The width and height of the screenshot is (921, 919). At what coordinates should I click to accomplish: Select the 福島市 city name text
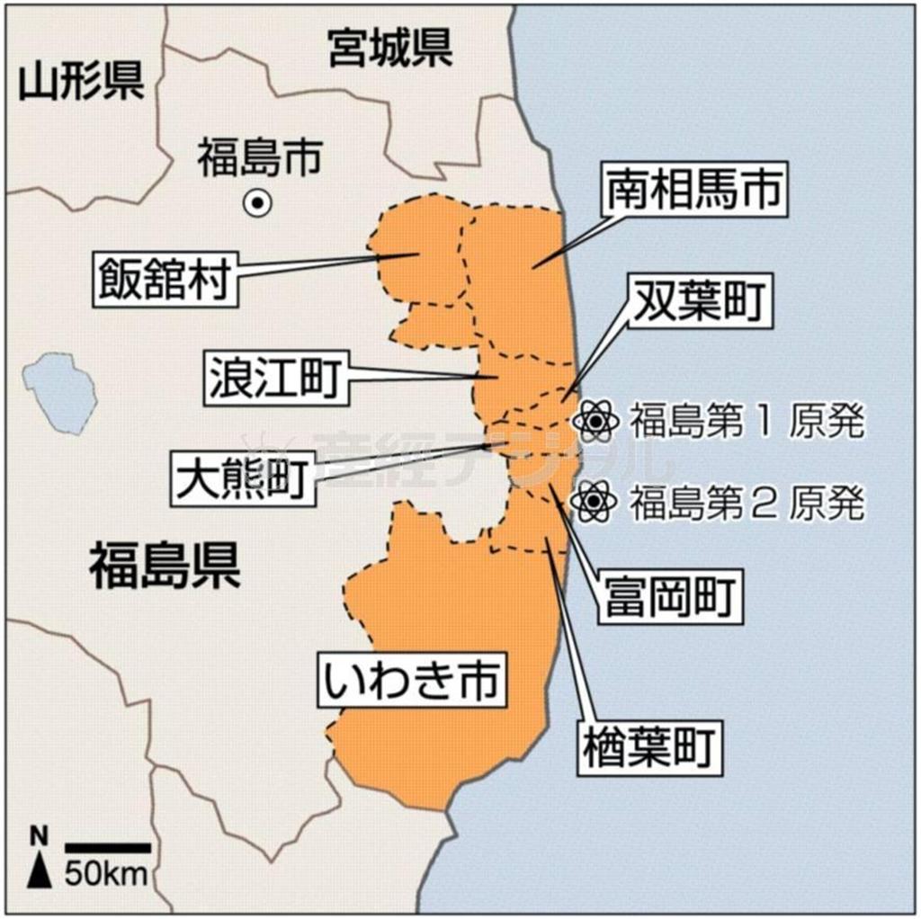pyautogui.click(x=259, y=159)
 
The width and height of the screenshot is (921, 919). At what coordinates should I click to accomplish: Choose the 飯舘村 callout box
pyautogui.click(x=162, y=279)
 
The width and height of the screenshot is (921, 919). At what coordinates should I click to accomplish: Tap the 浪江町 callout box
pyautogui.click(x=274, y=377)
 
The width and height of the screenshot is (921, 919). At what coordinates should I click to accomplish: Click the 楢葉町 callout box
pyautogui.click(x=648, y=747)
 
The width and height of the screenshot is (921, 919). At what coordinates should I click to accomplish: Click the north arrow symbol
pyautogui.click(x=39, y=864)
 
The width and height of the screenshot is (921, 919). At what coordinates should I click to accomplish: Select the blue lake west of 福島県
pyautogui.click(x=60, y=392)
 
